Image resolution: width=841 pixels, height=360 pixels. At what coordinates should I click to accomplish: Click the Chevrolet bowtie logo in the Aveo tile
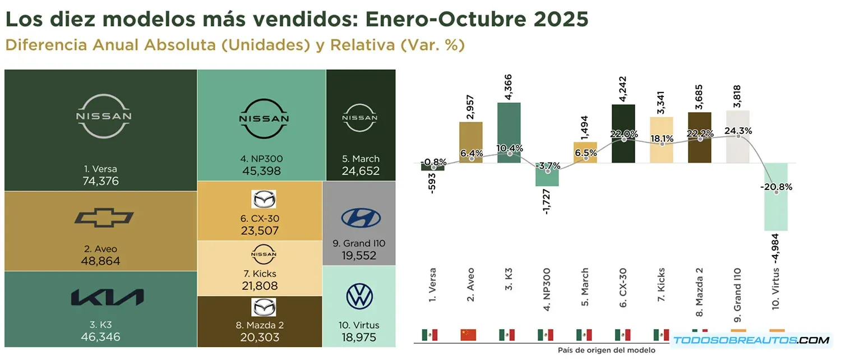coord(104,218)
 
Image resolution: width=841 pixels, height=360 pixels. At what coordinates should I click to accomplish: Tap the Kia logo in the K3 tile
coord(107,298)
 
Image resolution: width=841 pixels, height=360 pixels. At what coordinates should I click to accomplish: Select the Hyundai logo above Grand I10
coord(361,217)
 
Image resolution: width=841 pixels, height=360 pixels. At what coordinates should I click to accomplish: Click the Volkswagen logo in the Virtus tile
coord(359,297)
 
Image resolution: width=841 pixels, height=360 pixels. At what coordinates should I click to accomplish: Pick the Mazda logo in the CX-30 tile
coord(263,200)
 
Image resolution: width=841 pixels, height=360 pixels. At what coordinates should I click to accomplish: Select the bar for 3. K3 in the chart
coord(509,133)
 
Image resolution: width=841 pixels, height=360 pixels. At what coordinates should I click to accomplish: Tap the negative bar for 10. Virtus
coord(776,197)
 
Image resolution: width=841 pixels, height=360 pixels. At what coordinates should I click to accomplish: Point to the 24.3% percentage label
coord(738,131)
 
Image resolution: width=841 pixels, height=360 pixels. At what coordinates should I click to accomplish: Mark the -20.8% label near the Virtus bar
coord(776,187)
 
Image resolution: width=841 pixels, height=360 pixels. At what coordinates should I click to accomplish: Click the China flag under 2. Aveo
coord(468,335)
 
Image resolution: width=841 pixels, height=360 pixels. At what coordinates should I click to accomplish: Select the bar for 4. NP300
coord(547,174)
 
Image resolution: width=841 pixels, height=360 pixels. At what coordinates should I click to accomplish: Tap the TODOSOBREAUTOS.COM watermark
coord(751,340)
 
